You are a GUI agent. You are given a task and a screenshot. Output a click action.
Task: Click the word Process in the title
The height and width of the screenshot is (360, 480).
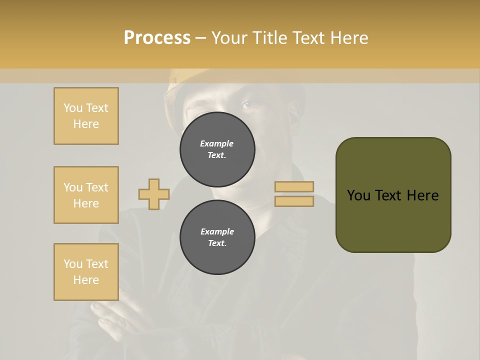coord(157,38)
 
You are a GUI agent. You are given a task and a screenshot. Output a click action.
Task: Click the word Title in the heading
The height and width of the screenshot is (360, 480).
coord(269,38)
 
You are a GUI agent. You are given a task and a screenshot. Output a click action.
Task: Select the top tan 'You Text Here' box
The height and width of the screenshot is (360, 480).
coord(86,116)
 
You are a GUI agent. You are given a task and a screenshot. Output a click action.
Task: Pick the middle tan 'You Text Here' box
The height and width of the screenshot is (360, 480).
coord(86,195)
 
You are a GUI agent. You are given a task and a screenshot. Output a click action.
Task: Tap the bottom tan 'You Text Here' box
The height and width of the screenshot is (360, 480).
coord(86,272)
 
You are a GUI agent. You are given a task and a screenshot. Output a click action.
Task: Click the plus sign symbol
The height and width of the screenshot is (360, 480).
coord(154,194)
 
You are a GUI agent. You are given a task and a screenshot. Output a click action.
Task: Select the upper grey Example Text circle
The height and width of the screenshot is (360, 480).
coord(217,146)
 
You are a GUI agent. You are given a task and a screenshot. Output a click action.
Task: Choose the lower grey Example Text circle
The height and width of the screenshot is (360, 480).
coord(217,237)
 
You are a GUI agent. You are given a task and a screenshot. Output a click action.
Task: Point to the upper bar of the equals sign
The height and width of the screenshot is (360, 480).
coord(294,186)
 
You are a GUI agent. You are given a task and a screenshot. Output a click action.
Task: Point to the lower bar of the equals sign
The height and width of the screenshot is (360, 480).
coord(294,201)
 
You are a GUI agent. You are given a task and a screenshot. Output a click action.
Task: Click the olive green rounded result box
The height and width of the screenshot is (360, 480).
coord(393,220)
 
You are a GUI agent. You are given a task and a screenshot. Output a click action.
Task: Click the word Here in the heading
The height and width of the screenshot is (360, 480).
coord(349,38)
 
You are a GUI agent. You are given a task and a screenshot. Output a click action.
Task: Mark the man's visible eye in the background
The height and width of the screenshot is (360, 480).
coord(248,104)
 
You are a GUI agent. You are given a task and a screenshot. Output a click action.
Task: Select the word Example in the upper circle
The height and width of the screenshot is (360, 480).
coord(216,143)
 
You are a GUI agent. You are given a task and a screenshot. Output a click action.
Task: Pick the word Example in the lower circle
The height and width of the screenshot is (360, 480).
coord(217,231)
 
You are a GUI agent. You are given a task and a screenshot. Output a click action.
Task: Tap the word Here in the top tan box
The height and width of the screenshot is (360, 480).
coord(86,124)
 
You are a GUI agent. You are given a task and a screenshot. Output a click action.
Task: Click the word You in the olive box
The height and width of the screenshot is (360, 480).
coord(358,195)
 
